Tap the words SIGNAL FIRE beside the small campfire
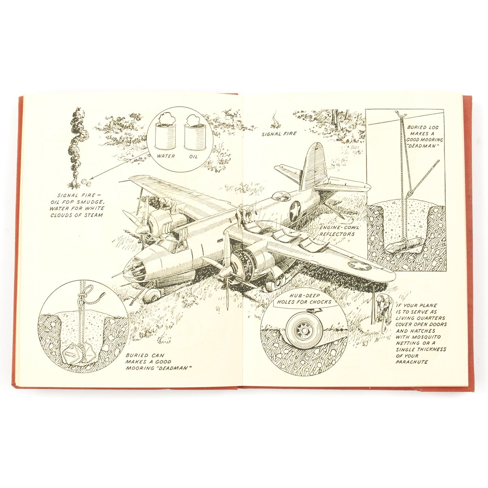(x=279, y=133)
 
